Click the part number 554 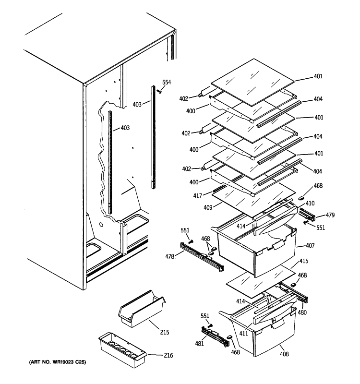(x=166, y=83)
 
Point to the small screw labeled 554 (x=159, y=91)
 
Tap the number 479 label (x=316, y=215)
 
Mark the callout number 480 (x=302, y=312)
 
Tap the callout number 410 (x=310, y=203)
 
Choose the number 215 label (x=165, y=332)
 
